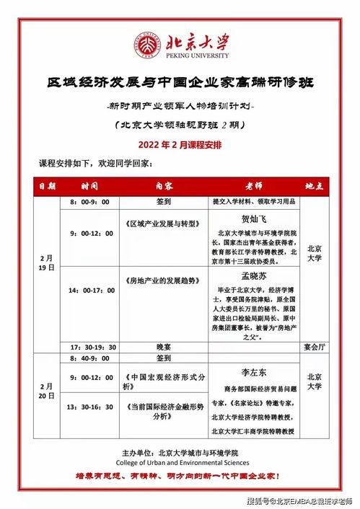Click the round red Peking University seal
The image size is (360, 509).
145,45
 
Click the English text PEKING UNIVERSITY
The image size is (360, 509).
194,56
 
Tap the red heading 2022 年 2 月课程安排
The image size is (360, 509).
180,144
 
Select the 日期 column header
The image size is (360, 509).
47,185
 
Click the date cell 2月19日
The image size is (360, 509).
47,262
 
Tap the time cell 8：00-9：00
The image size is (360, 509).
89,202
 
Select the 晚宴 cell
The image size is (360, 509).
164,346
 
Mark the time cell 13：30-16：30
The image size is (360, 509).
89,407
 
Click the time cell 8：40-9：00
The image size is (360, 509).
89,357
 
